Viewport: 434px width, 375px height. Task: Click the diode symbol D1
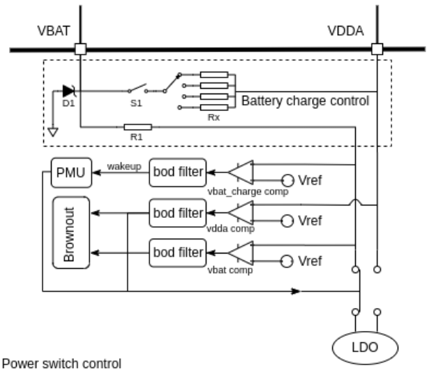click(67, 90)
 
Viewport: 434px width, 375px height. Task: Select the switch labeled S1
click(137, 90)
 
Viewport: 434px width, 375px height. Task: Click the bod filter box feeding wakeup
click(177, 172)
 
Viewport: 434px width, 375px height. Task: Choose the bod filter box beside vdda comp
click(177, 212)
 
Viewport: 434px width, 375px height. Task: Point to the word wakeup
click(124, 167)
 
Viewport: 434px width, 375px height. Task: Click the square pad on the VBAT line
click(80, 50)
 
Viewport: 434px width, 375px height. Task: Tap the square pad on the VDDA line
click(377, 50)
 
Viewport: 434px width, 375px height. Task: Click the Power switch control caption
click(63, 363)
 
